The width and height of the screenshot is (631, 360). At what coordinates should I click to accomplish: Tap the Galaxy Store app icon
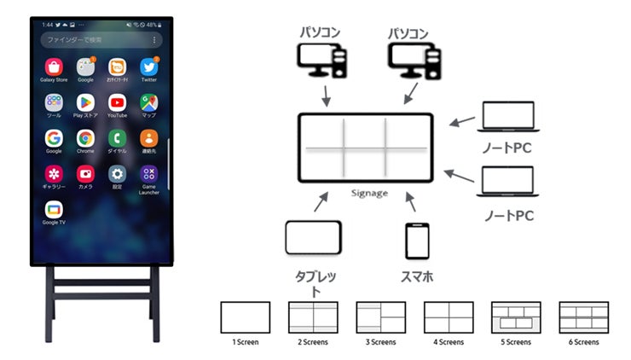pos(54,66)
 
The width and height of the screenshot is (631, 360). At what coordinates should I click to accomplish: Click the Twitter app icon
pos(149,66)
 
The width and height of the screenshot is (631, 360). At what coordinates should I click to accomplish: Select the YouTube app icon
pos(117,102)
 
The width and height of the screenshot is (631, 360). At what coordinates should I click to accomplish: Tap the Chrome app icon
pos(85,137)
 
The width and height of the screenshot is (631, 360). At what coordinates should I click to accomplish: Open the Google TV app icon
pos(54,209)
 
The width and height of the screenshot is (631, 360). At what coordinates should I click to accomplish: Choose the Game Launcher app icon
pos(149,173)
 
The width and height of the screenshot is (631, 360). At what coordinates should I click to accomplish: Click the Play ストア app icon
pos(85,102)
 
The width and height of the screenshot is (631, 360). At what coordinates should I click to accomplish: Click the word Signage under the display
pos(369,193)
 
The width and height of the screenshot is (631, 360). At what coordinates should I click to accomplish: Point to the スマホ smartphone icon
pos(416,241)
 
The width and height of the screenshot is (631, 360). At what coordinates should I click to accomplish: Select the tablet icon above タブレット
pos(313,238)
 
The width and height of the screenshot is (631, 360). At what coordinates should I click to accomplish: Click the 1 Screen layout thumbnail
pos(245,317)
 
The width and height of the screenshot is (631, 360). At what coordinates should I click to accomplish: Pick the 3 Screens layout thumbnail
pos(380,317)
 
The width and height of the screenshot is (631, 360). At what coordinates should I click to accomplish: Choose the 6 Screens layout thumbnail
pos(583,317)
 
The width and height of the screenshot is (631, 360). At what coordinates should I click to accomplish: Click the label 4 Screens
pos(449,342)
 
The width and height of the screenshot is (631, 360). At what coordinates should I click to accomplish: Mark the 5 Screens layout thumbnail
pos(516,317)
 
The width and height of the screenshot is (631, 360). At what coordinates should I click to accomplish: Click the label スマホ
pos(417,276)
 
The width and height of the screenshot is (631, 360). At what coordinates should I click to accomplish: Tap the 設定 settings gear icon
pos(117,173)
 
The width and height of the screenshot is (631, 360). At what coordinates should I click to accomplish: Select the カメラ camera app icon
pos(85,173)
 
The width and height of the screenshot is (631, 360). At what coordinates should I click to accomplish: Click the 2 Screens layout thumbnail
pos(313,317)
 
